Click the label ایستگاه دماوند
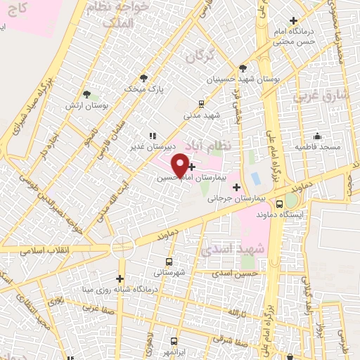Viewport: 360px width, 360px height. click(x=281, y=213)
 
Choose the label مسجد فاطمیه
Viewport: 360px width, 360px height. click(x=317, y=146)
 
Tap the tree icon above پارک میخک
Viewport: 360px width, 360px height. click(x=144, y=78)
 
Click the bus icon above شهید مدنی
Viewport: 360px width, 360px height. click(x=202, y=103)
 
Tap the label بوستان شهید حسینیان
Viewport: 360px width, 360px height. click(x=243, y=80)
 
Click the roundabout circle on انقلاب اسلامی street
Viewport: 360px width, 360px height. click(x=122, y=245)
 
